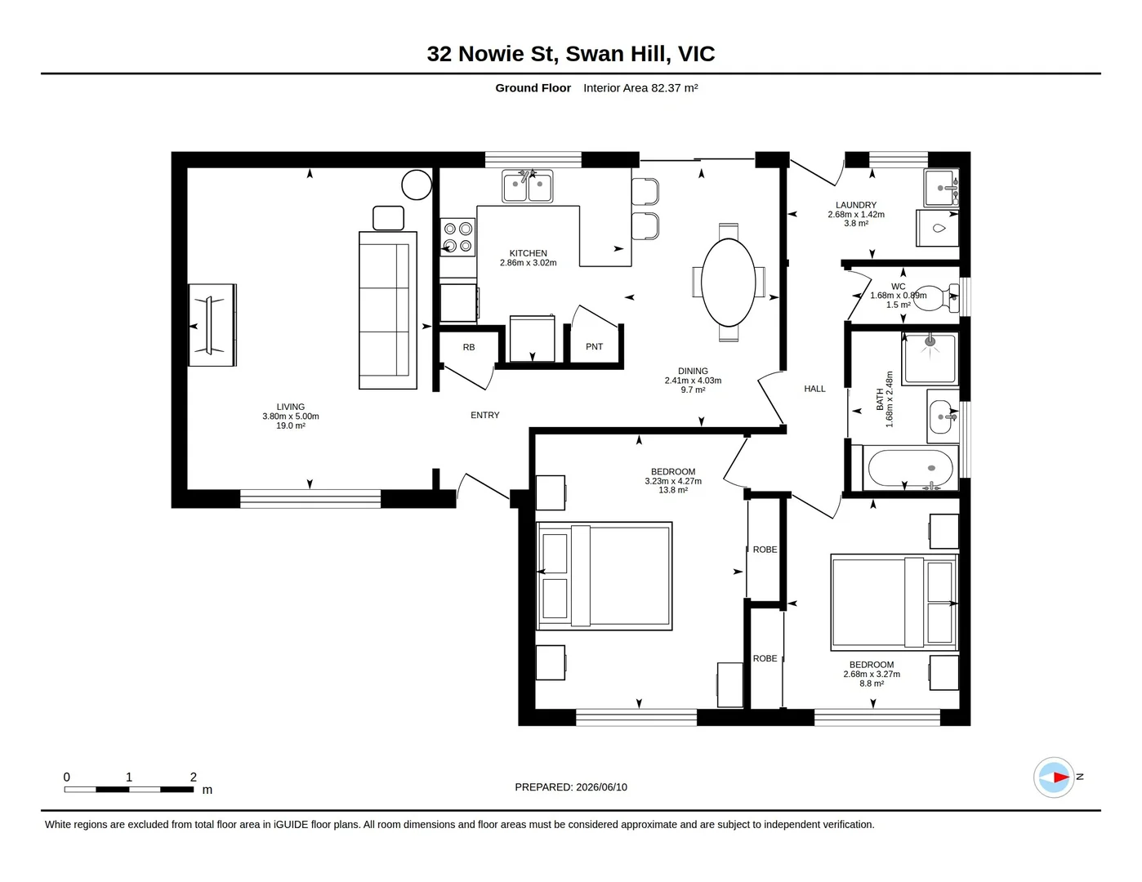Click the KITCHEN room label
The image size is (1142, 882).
click(x=528, y=253)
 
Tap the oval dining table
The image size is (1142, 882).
click(x=728, y=283)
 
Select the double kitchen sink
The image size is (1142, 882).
click(x=527, y=186)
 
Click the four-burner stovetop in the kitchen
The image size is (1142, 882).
click(x=457, y=238)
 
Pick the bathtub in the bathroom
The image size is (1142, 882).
click(x=910, y=468)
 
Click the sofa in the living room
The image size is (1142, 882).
click(x=388, y=310)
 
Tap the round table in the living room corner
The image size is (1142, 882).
click(x=417, y=185)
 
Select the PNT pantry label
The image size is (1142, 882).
click(x=594, y=347)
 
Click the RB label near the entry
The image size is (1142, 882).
click(x=469, y=347)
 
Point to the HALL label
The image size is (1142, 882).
click(x=814, y=389)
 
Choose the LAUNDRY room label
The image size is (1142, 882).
click(x=856, y=205)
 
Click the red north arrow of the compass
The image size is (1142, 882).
click(x=1061, y=777)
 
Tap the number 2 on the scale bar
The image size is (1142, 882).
click(x=194, y=777)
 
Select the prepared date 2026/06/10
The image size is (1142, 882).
click(x=601, y=787)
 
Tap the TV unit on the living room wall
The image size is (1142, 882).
click(x=213, y=325)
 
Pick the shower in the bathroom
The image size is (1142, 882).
click(x=930, y=359)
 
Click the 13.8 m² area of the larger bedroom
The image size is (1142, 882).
click(x=673, y=490)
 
